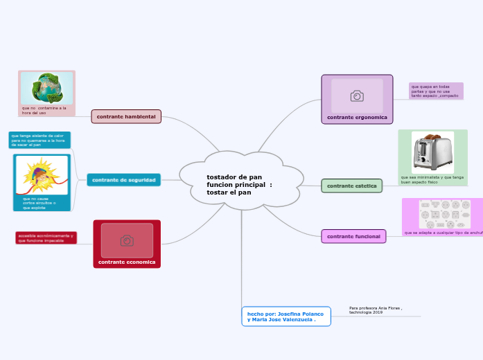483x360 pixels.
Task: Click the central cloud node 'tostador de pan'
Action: (240, 184)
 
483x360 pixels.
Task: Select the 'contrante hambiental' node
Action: (126, 116)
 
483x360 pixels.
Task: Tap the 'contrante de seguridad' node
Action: (124, 180)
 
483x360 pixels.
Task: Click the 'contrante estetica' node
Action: (351, 186)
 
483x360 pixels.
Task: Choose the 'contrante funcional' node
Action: (353, 236)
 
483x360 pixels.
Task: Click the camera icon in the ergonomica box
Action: (357, 96)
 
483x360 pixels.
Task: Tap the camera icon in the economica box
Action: (127, 240)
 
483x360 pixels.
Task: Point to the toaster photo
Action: (432, 152)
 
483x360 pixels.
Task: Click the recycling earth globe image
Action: (46, 88)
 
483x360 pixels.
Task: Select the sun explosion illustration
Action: (42, 175)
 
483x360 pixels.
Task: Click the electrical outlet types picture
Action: (444, 214)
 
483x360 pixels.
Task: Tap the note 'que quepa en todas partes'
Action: (435, 91)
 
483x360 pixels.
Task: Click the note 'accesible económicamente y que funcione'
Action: (46, 237)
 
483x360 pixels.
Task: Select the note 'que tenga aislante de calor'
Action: (39, 140)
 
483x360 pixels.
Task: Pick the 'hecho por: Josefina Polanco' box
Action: (286, 316)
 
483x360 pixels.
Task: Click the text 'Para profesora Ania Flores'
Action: (376, 309)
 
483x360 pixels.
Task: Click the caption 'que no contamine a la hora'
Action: (44, 110)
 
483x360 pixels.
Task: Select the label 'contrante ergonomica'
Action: (357, 118)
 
